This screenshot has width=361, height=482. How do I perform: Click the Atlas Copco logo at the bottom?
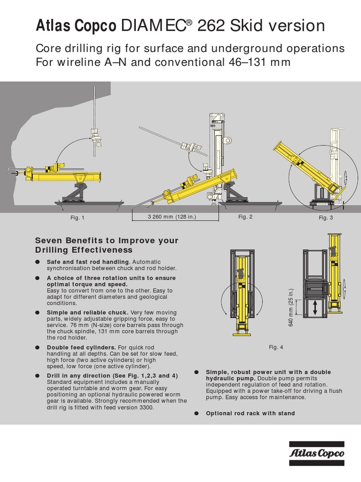coord(316,453)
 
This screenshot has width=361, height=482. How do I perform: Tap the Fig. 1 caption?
coord(78,217)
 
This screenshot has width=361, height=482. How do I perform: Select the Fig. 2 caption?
coord(245,217)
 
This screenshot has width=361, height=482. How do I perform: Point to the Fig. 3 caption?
coord(326,217)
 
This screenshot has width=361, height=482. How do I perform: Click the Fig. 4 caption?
coord(276,347)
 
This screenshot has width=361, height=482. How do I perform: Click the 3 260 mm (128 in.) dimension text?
coord(172,217)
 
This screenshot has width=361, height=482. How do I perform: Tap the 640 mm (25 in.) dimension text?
coord(291,307)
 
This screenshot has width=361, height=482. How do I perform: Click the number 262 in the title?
coord(211,25)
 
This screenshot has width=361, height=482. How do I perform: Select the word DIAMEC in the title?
coord(154,25)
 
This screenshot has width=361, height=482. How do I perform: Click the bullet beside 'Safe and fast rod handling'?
coord(38,262)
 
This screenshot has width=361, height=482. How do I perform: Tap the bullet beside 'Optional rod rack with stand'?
coord(197,413)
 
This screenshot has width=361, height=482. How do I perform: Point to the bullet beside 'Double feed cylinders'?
coord(38,348)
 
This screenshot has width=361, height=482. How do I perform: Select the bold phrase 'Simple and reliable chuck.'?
coord(87,313)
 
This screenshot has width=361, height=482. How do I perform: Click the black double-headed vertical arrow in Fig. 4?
coord(315,308)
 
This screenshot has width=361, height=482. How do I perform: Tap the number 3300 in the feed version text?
coord(147,408)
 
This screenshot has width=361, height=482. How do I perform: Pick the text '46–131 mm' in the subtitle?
coord(259,63)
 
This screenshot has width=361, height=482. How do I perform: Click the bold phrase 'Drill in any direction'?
coord(78,376)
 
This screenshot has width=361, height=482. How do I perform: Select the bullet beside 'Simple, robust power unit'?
coord(197,372)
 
